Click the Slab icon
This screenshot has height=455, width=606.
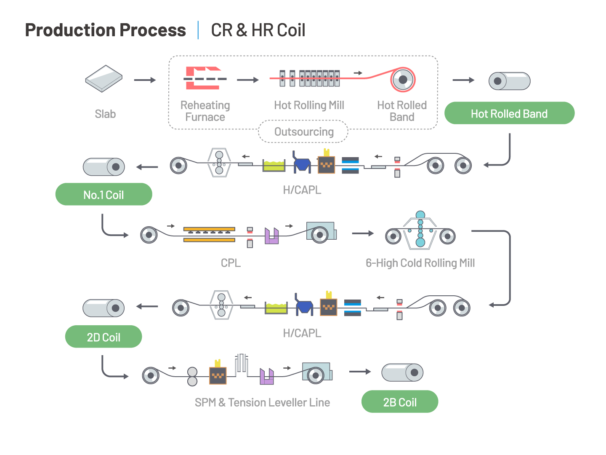click(104, 78)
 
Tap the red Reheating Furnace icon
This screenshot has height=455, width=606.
click(204, 78)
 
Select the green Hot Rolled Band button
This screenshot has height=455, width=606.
click(509, 113)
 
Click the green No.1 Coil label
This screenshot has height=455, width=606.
click(104, 195)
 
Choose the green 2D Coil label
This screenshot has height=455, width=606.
click(104, 337)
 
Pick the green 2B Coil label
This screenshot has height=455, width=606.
click(399, 402)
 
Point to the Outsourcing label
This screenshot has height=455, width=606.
click(303, 132)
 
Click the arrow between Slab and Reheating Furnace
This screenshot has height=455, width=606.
click(145, 80)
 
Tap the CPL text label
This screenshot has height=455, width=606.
click(231, 263)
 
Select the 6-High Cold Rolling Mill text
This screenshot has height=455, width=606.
click(420, 263)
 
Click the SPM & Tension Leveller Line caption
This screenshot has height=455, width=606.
click(262, 402)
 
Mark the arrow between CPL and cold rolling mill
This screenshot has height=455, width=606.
click(363, 233)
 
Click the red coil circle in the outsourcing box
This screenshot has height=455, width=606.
click(403, 80)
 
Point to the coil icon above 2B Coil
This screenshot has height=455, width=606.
click(402, 372)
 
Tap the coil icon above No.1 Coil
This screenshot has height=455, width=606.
click(104, 167)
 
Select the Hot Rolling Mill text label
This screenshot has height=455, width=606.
click(309, 105)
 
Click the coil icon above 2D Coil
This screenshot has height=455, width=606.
click(104, 308)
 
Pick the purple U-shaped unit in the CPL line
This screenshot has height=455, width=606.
click(271, 236)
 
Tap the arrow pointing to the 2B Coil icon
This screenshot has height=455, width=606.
click(360, 372)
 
